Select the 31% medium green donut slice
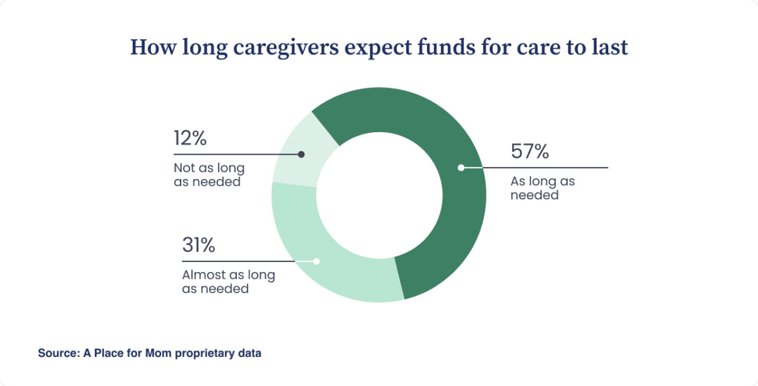[x=332, y=267]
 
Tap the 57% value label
[x=530, y=152]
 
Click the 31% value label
[x=198, y=245]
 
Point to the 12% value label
[x=190, y=138]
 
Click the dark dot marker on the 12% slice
[x=301, y=154]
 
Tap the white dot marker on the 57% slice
[x=461, y=168]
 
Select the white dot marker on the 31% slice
[x=316, y=261]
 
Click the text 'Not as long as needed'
[x=208, y=175]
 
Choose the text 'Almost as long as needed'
[x=228, y=282]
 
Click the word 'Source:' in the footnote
[x=57, y=353]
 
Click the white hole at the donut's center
[x=379, y=196]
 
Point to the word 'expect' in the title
[x=374, y=47]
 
